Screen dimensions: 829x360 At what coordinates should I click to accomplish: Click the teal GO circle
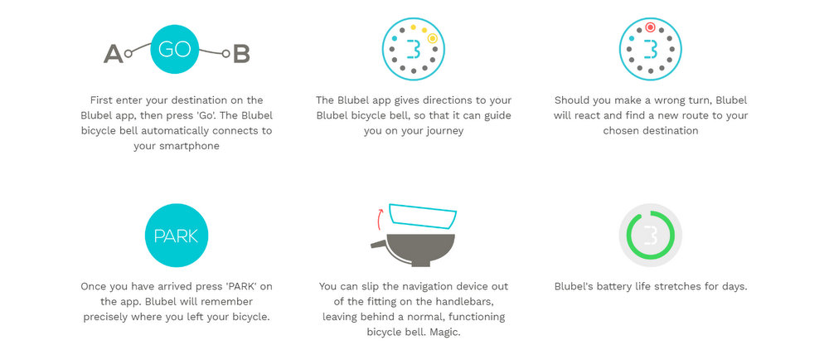pyautogui.click(x=174, y=49)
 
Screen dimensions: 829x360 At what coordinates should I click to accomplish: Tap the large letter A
pyautogui.click(x=113, y=54)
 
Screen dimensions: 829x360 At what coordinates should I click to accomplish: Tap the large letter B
pyautogui.click(x=241, y=54)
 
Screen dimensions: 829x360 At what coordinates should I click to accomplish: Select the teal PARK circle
pyautogui.click(x=176, y=236)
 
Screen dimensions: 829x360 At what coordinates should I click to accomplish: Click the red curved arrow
pyautogui.click(x=380, y=219)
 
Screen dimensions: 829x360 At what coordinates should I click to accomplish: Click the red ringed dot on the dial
pyautogui.click(x=650, y=27)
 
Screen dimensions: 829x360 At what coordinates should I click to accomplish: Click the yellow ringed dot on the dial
pyautogui.click(x=433, y=38)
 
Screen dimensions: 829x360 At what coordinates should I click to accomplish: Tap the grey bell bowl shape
pyautogui.click(x=413, y=250)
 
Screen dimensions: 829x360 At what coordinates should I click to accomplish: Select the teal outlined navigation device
pyautogui.click(x=423, y=216)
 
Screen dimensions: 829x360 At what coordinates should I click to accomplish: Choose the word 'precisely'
pyautogui.click(x=105, y=318)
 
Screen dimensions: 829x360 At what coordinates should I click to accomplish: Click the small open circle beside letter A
pyautogui.click(x=128, y=53)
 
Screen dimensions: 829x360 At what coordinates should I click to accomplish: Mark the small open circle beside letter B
pyautogui.click(x=225, y=53)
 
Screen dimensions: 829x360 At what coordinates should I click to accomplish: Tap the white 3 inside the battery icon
pyautogui.click(x=651, y=236)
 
